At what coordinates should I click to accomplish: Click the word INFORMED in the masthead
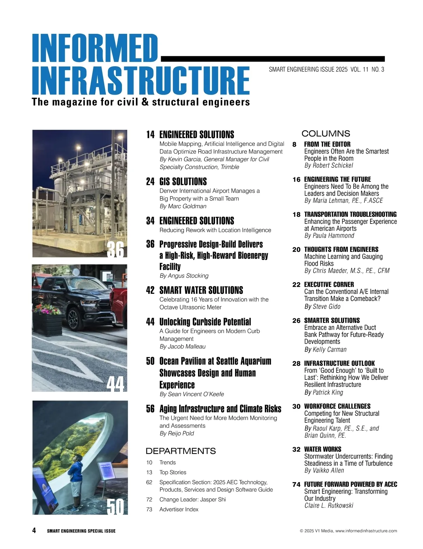(94, 48)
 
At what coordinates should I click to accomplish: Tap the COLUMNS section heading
(326, 134)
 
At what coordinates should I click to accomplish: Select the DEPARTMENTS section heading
(180, 451)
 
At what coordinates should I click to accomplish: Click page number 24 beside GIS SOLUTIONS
(150, 182)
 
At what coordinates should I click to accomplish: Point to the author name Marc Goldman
(187, 206)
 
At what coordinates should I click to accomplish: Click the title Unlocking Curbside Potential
(205, 322)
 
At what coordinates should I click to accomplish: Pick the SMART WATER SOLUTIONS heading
(201, 290)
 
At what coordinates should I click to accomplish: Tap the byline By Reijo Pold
(177, 433)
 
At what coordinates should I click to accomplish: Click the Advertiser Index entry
(179, 509)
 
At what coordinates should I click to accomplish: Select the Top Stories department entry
(173, 472)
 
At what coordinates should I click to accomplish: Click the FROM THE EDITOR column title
(327, 144)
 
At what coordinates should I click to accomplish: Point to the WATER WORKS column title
(323, 449)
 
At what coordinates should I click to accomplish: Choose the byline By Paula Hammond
(329, 236)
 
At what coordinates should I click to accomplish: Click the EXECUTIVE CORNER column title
(329, 284)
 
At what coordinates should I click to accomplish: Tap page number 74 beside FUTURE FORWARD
(296, 485)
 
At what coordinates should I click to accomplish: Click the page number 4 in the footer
(34, 530)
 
